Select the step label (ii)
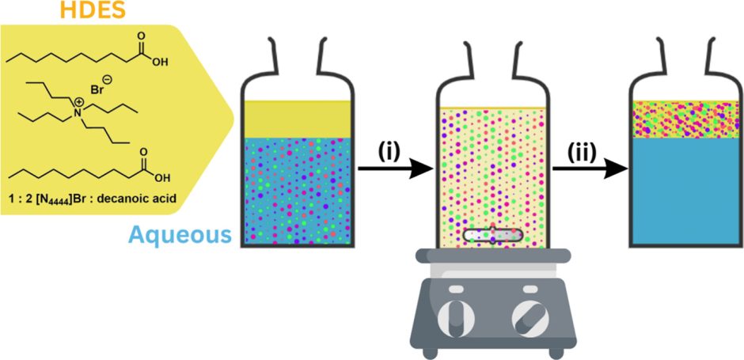[x=586, y=150]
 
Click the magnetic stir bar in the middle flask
[x=492, y=233]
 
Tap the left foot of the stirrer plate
[x=433, y=349]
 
